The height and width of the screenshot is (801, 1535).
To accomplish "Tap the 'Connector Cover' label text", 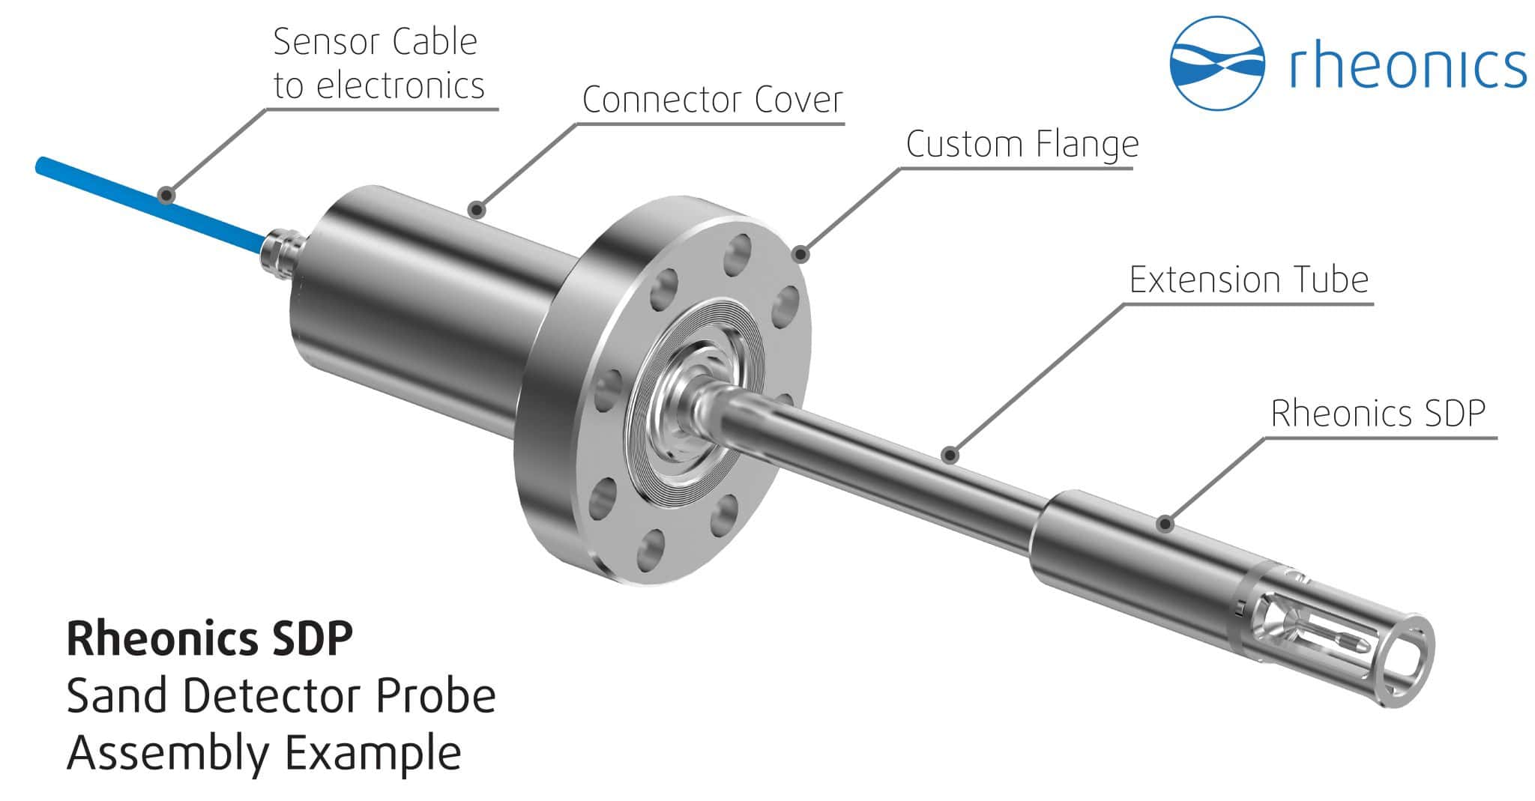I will coord(712,100).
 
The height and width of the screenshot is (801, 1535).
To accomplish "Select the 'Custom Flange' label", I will coord(1022,144).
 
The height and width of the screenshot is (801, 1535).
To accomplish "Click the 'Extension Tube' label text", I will coord(1249,279).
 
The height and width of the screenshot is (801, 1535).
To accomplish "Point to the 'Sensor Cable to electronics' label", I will coord(378,64).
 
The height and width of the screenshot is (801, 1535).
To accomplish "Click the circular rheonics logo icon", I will coord(1217,63).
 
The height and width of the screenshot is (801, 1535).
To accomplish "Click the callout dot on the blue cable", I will coord(167,196).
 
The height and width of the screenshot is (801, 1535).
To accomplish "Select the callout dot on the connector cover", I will coord(476,209).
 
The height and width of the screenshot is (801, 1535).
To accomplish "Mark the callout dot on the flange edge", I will coord(802,255).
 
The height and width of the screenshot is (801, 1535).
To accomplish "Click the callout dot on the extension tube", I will coord(950,454).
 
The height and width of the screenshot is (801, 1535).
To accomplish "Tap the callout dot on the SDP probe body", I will coord(1164,524).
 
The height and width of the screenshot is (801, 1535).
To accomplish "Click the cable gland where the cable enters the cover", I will coord(281,250).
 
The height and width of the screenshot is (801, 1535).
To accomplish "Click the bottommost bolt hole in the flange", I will coord(651,551).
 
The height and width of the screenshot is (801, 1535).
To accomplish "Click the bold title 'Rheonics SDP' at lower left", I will coord(209,639).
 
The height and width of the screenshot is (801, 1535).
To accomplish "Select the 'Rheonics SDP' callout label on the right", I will coord(1378,413).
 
